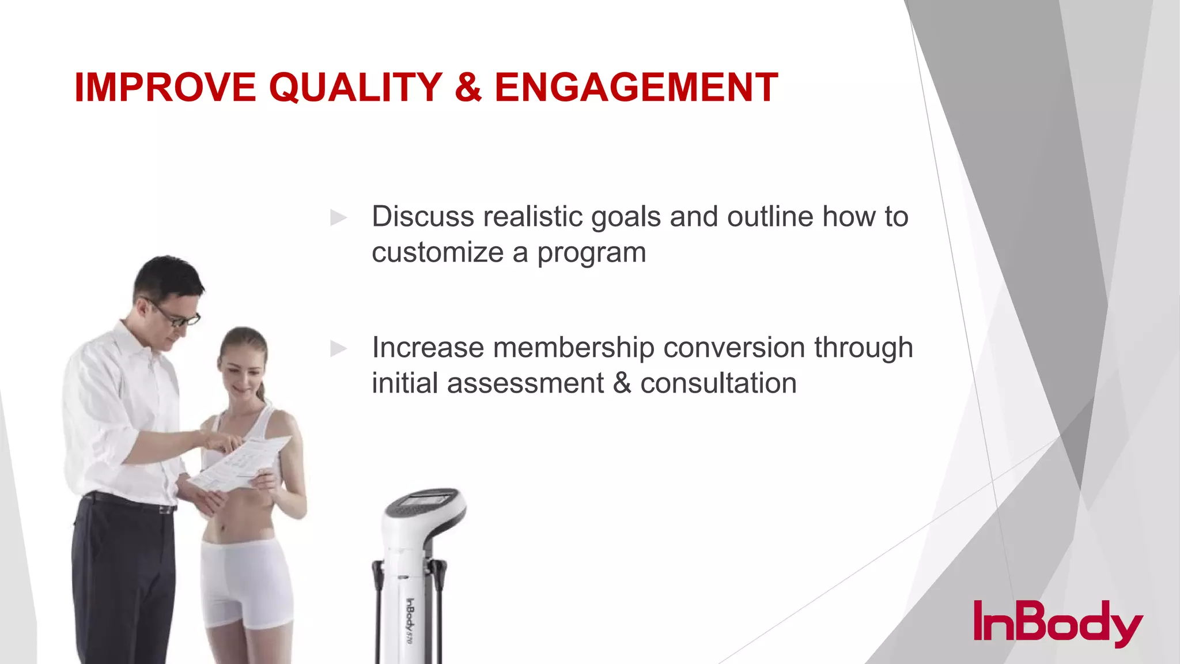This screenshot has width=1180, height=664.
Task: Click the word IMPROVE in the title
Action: coord(165,88)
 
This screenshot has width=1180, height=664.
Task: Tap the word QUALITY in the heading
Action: coord(355,88)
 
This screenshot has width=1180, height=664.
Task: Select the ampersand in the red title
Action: coord(468,88)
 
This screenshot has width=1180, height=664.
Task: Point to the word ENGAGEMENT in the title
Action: coord(636,88)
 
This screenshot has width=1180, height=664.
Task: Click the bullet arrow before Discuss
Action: coord(338,218)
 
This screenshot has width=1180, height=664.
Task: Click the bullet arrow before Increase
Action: coord(338,348)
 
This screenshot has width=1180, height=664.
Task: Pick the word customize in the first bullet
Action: coord(437,252)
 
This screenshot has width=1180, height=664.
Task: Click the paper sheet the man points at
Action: coord(245,464)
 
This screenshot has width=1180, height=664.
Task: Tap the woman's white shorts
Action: coord(245,582)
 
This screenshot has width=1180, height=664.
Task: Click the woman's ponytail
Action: coord(262,392)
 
